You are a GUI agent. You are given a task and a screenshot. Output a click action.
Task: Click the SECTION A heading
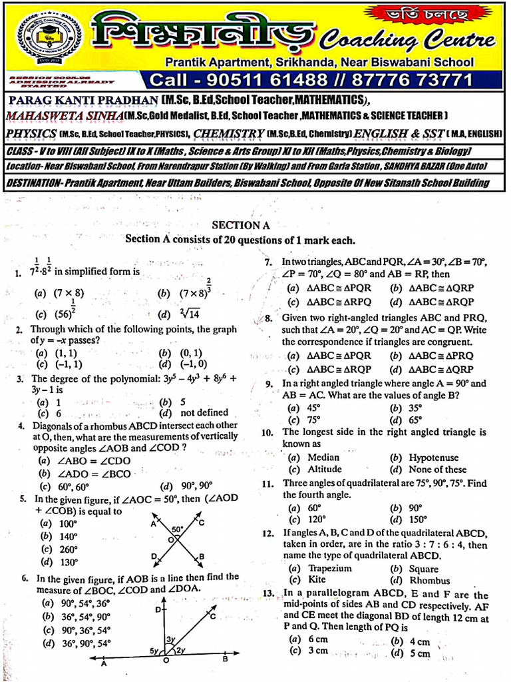(240, 225)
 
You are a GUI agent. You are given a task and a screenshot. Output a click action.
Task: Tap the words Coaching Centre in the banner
(408, 41)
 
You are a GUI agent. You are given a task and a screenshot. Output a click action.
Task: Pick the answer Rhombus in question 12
(428, 580)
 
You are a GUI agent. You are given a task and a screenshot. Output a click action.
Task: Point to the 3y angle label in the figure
(171, 640)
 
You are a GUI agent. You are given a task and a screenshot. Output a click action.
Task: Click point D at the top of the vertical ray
(158, 610)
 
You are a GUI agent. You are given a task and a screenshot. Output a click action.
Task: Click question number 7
(268, 262)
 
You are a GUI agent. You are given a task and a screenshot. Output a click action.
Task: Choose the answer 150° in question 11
(417, 519)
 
